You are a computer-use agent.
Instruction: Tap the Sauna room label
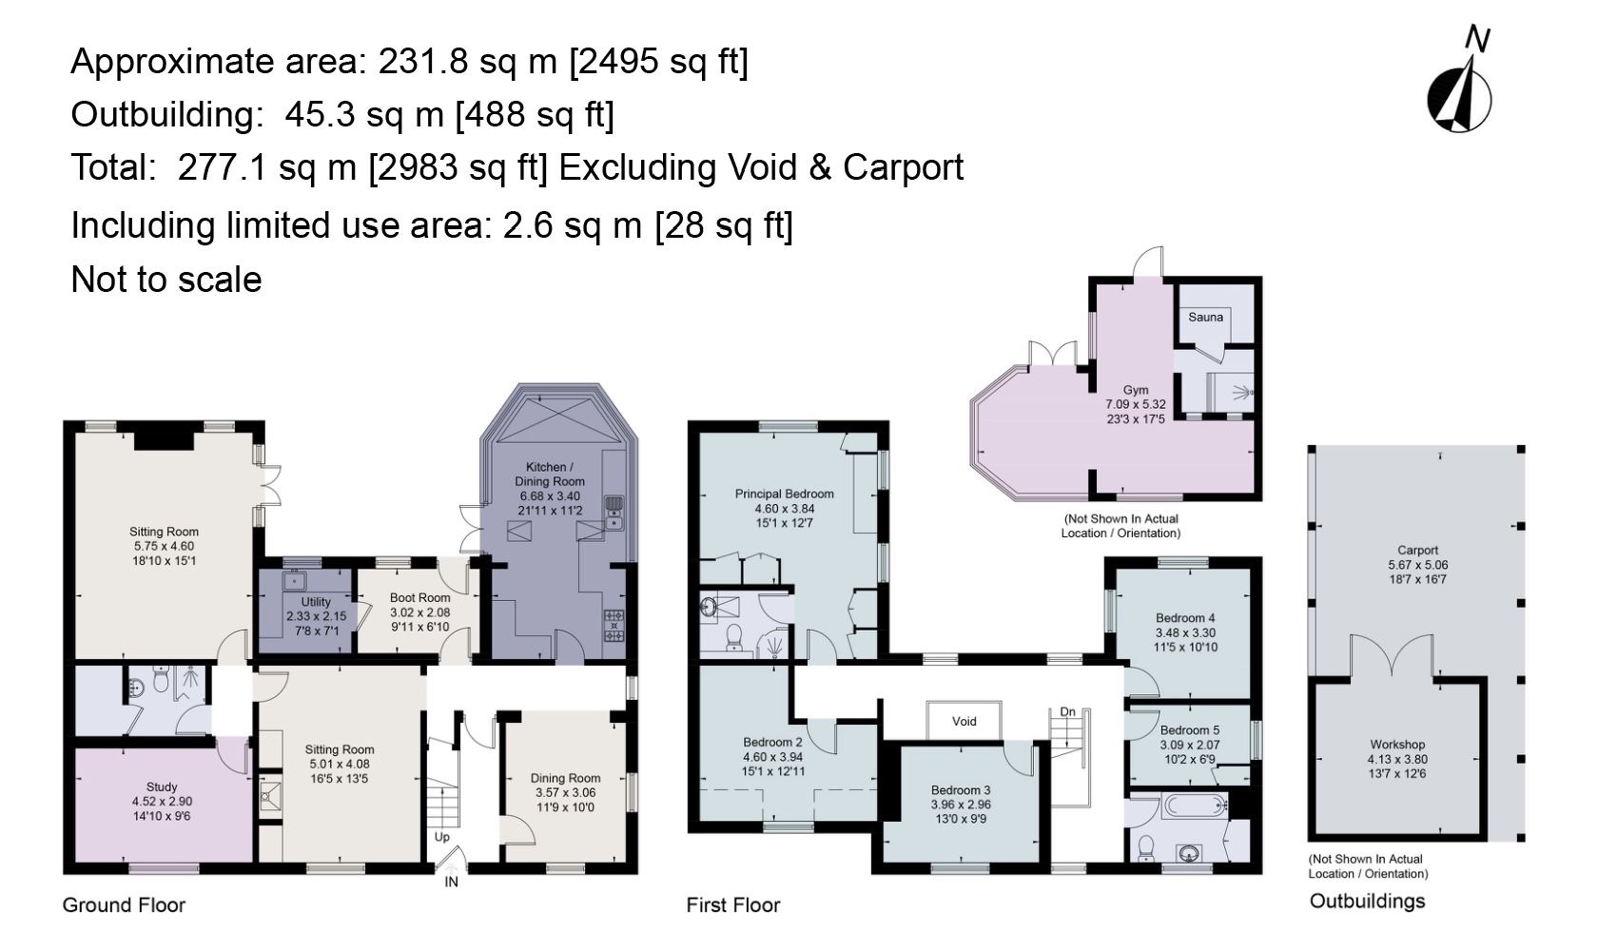(1206, 318)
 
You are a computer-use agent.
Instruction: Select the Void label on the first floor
(964, 721)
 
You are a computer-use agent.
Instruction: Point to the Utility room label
(316, 602)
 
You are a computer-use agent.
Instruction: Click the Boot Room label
(420, 598)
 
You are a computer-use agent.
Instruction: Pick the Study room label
(162, 786)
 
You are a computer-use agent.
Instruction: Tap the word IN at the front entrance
(452, 882)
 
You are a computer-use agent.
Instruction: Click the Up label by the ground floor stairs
(442, 837)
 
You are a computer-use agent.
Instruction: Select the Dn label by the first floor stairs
(1067, 712)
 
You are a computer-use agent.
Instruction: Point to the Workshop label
(1396, 745)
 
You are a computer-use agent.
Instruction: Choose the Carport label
(1417, 551)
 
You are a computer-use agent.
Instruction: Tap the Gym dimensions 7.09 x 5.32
(1136, 404)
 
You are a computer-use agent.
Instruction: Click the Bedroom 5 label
(1190, 730)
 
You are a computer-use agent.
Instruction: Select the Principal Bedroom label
(784, 494)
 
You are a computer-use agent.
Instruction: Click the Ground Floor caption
(124, 905)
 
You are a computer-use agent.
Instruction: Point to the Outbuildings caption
(1368, 902)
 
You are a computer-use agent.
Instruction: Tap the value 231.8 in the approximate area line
(424, 62)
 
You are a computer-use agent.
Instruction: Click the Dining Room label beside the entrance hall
(565, 778)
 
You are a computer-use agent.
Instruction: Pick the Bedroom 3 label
(961, 790)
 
